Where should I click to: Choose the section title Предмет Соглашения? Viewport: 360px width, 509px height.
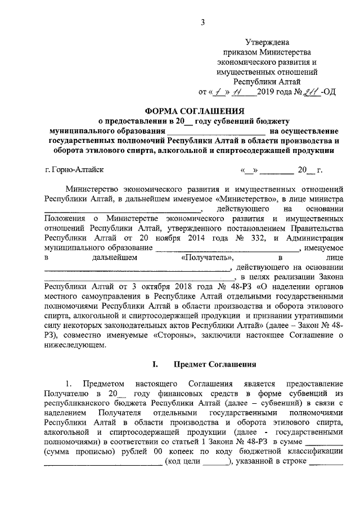pos(215,364)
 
